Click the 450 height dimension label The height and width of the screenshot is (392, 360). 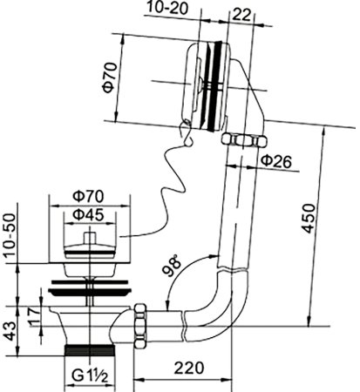(x=308, y=219)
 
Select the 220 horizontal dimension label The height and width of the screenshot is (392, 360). (x=189, y=368)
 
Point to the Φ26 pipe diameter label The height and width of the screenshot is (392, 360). (x=275, y=161)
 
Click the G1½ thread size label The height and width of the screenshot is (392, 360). (x=90, y=376)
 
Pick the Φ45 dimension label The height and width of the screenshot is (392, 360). (x=88, y=215)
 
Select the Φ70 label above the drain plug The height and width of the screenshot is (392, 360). (x=88, y=197)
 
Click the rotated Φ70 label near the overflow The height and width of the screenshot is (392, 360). (x=110, y=78)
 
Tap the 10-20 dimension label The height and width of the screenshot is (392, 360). (x=167, y=8)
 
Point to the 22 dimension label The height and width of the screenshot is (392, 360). (x=241, y=15)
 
